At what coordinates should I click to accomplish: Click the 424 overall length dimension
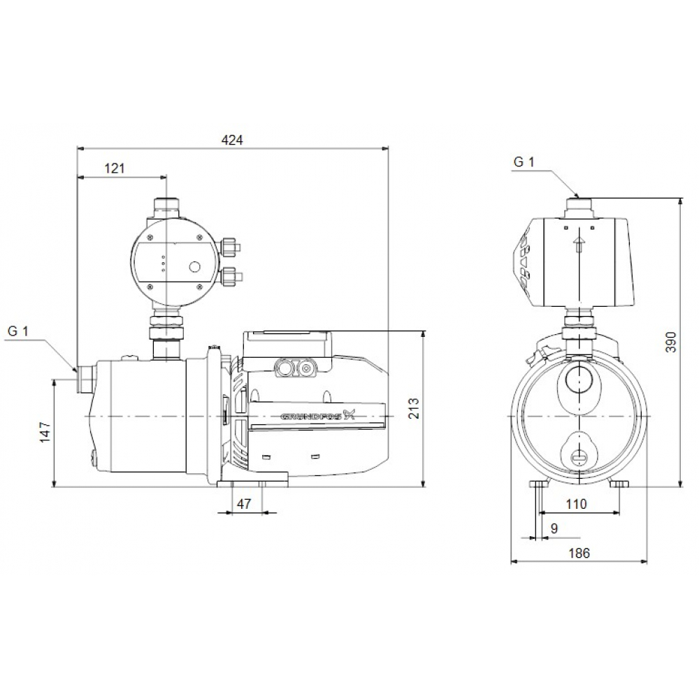point(232,140)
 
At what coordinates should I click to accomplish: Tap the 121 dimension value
point(115,168)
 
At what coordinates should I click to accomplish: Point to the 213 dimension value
point(413,408)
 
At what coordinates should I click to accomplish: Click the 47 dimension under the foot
point(244,503)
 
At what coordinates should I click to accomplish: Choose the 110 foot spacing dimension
point(577,503)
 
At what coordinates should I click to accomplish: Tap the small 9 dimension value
point(554,528)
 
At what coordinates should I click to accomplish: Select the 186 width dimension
point(579,552)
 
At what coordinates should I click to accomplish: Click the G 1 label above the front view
point(524,162)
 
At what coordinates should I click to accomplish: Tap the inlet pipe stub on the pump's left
point(85,377)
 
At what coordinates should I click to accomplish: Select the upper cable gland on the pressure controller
point(231,246)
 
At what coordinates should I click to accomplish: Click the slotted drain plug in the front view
point(579,456)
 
